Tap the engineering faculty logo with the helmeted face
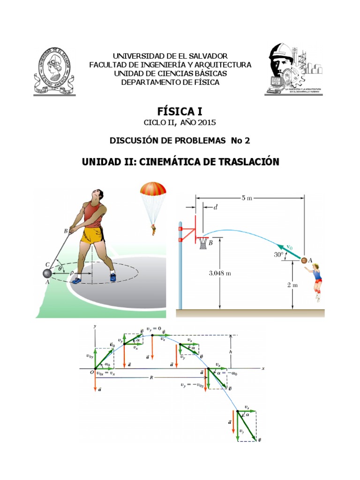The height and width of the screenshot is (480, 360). (x=294, y=69)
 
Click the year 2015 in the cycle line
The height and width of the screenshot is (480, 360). (x=204, y=123)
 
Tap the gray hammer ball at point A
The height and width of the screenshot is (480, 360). (x=47, y=274)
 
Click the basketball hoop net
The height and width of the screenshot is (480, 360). (x=203, y=243)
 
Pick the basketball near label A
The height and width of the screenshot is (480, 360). (x=304, y=260)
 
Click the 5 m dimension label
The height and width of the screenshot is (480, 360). (x=247, y=198)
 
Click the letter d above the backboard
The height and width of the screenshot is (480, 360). (x=215, y=207)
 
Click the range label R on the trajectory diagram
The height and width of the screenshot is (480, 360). (x=151, y=377)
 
